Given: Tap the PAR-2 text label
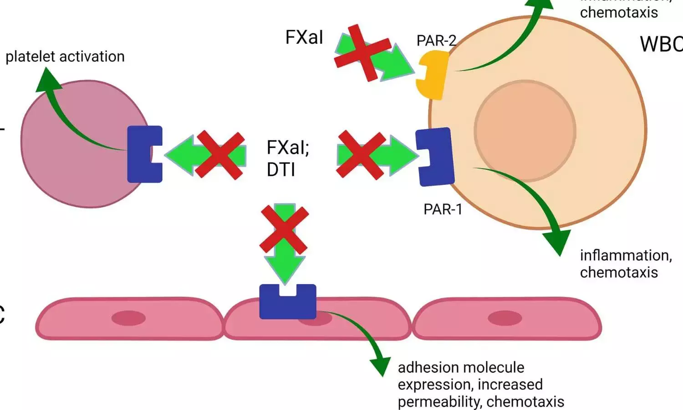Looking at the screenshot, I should point(436,41).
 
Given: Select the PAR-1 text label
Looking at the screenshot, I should point(443,209).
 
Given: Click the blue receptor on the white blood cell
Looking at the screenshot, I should point(435,157).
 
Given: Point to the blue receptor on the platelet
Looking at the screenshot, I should point(143,154).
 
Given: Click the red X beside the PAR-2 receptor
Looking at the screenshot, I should point(362,53).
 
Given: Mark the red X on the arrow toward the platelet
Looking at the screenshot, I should point(220,155).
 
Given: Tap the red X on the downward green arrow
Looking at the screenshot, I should point(284,230).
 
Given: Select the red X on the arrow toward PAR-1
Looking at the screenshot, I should point(361,155).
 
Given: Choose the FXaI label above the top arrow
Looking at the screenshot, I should point(304,37).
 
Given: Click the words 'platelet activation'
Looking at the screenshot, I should point(65,56).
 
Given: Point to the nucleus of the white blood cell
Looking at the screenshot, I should point(525,131).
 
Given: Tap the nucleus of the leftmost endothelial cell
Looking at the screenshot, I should point(129,318).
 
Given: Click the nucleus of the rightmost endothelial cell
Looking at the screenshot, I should point(505,318).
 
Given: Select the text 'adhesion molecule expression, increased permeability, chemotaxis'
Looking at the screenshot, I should point(480,384).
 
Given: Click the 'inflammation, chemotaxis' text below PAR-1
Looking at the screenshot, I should point(626,264).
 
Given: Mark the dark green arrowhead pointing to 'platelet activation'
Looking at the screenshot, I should point(47,81).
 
